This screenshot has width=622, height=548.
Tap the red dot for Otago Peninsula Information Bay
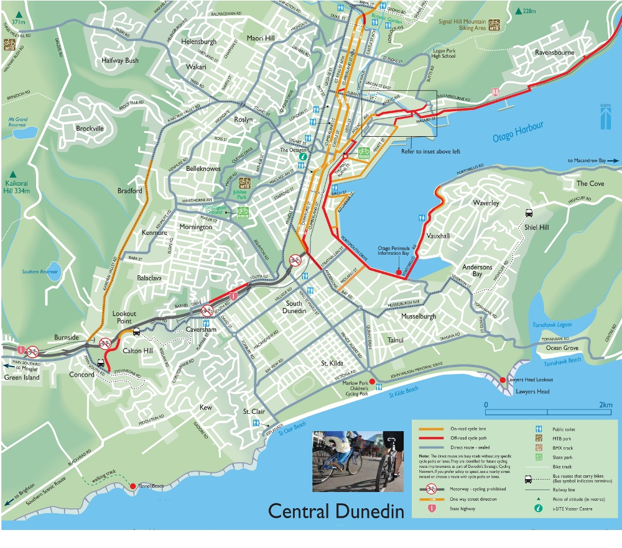pyautogui.click(x=399, y=272)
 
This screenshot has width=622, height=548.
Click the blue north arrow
pyautogui.click(x=605, y=117)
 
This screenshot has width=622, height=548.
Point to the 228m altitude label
pyautogui.click(x=529, y=11)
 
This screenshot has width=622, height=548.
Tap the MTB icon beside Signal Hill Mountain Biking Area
pyautogui.click(x=494, y=25)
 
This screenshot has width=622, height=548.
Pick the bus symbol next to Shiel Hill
pyautogui.click(x=528, y=212)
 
